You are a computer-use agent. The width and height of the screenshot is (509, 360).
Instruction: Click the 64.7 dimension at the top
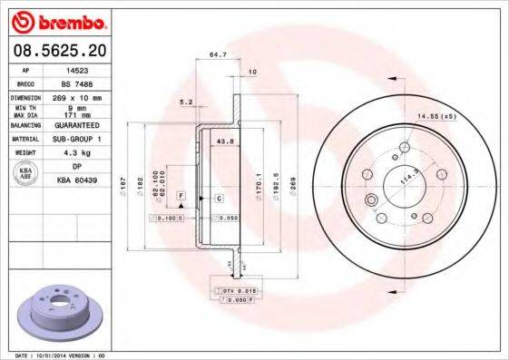click(x=218, y=56)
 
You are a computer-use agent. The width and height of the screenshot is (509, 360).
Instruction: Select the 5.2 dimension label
click(x=186, y=101)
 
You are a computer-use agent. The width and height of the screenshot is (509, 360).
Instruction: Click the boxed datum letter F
click(x=181, y=196)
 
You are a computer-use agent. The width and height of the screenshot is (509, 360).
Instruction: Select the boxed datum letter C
click(x=219, y=197)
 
